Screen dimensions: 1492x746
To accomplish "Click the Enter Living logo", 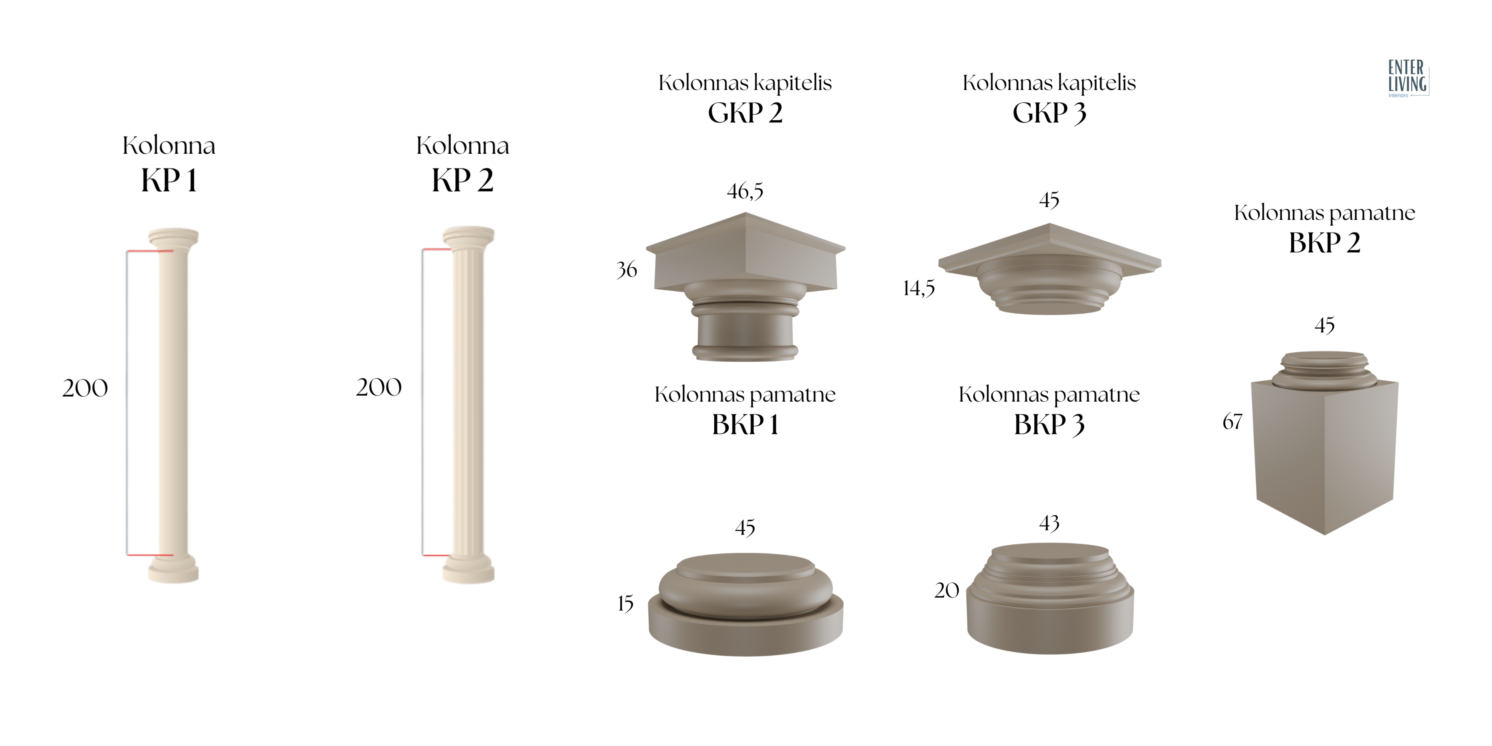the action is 1407,78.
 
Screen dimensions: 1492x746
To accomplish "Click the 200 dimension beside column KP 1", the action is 85,388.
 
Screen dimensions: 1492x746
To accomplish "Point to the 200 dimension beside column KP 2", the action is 379,387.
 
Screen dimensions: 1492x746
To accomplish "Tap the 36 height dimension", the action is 627,269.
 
